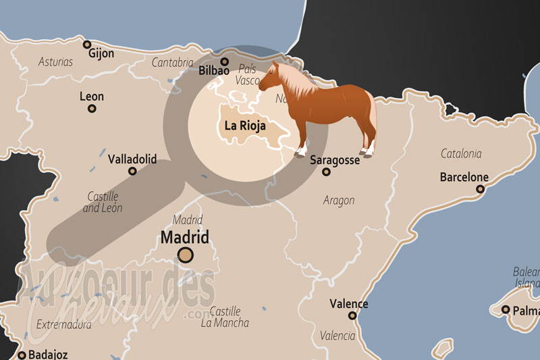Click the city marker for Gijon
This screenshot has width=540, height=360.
pos(86,45)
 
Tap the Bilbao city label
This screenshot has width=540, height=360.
pos(215,70)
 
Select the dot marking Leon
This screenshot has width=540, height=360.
pos(92,108)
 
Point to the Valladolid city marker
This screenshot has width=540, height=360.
pos(132,172)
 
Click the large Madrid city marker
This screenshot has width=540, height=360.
pos(185,255)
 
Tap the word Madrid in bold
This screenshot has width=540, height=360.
pos(184,236)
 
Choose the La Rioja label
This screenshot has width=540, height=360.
pos(245,126)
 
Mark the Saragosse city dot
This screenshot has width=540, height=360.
pos(326,172)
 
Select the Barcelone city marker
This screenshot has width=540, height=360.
pos(480,189)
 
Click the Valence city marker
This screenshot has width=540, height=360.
pos(352,315)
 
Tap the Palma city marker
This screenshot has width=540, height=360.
pos(506,309)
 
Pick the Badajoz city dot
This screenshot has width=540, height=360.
pos(22,355)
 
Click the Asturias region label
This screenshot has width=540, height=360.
pos(55,61)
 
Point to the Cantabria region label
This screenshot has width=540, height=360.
pos(172,62)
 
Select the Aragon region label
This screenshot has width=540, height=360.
pos(339,200)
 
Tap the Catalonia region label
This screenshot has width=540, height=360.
pos(461,153)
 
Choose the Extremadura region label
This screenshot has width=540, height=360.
pos(64,325)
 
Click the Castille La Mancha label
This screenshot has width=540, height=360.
pos(225,317)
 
